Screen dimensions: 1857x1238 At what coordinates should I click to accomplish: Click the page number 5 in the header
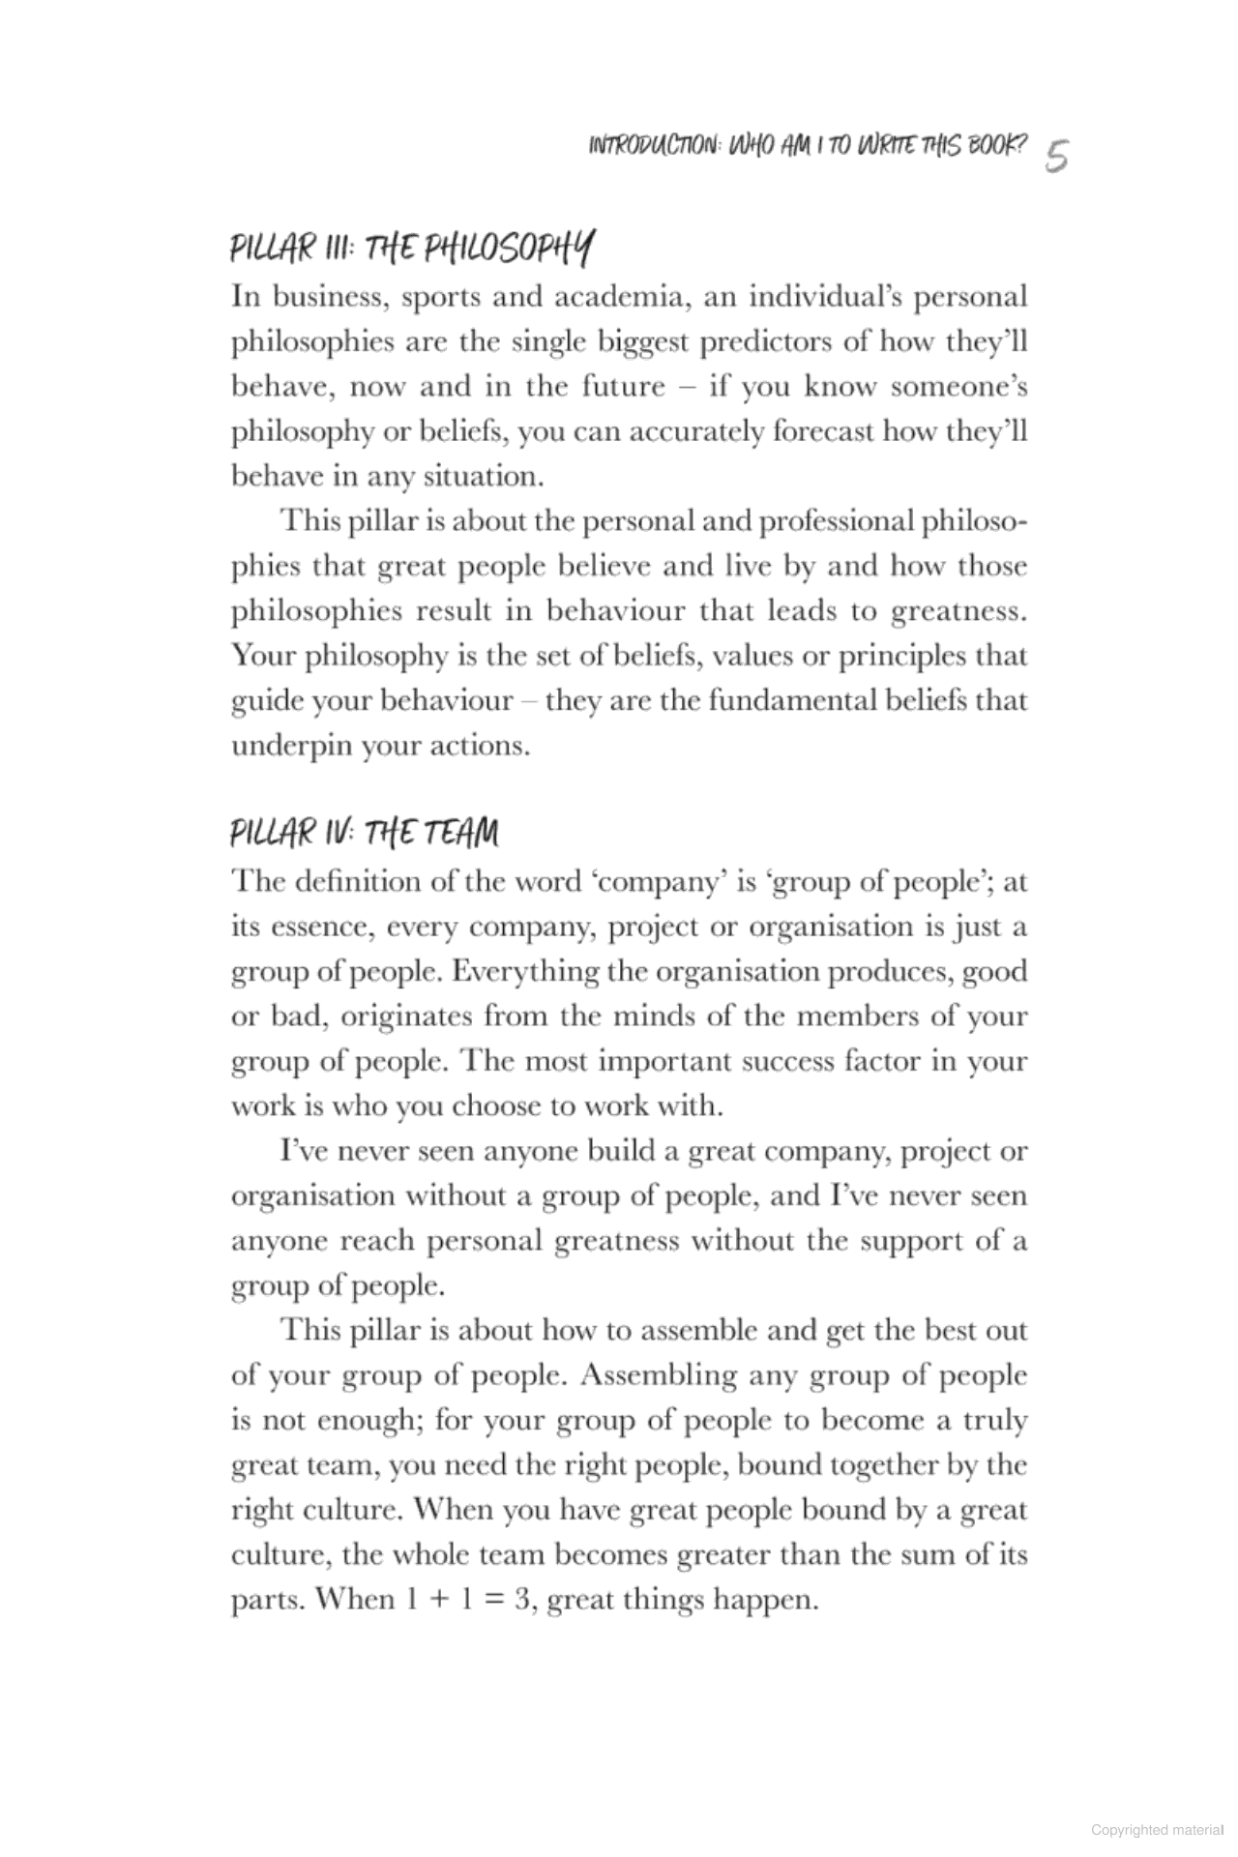click(1057, 155)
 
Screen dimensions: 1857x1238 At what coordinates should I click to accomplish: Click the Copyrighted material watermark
click(1157, 1830)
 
